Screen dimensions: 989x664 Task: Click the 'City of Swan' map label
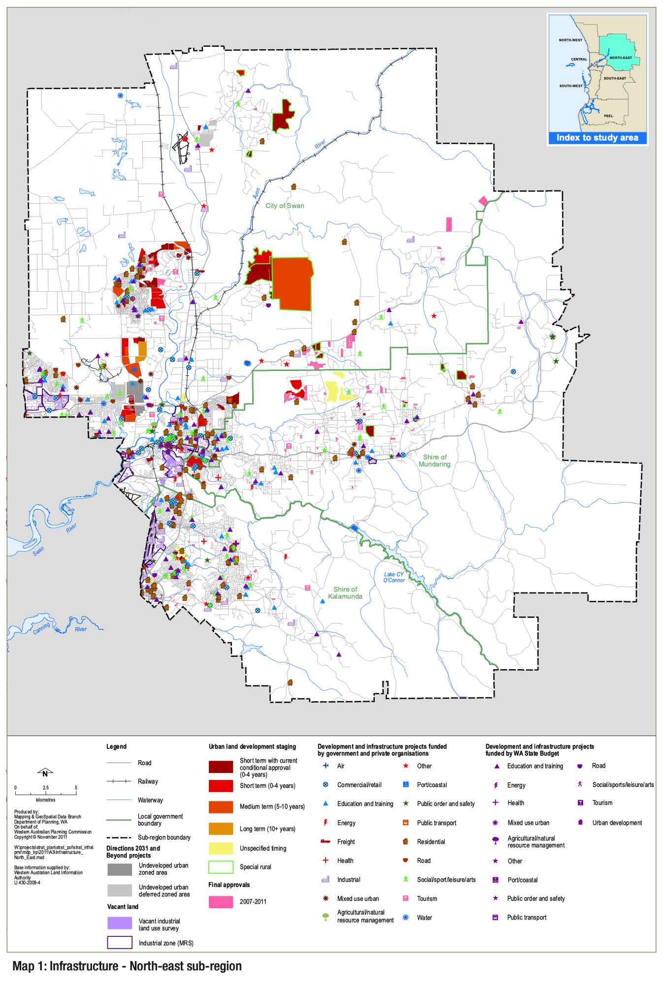[x=285, y=206]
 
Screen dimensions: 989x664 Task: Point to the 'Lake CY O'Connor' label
[x=394, y=577]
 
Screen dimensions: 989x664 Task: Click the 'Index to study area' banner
[x=597, y=138]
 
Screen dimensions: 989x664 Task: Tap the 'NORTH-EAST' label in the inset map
[x=620, y=58]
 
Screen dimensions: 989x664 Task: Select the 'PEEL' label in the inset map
[x=608, y=116]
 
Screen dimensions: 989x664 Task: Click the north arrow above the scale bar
[x=45, y=773]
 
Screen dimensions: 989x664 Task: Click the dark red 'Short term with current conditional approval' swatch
[x=221, y=767]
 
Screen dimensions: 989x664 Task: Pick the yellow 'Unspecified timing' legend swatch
[x=221, y=848]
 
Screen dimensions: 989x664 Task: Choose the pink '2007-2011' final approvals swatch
[x=221, y=902]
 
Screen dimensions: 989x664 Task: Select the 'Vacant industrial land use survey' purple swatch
[x=120, y=924]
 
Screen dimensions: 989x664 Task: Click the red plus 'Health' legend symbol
[x=325, y=861]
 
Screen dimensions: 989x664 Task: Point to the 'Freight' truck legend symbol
[x=325, y=841]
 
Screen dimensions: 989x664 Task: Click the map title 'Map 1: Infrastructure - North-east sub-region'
[x=127, y=966]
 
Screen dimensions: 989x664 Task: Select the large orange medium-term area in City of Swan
[x=292, y=284]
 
